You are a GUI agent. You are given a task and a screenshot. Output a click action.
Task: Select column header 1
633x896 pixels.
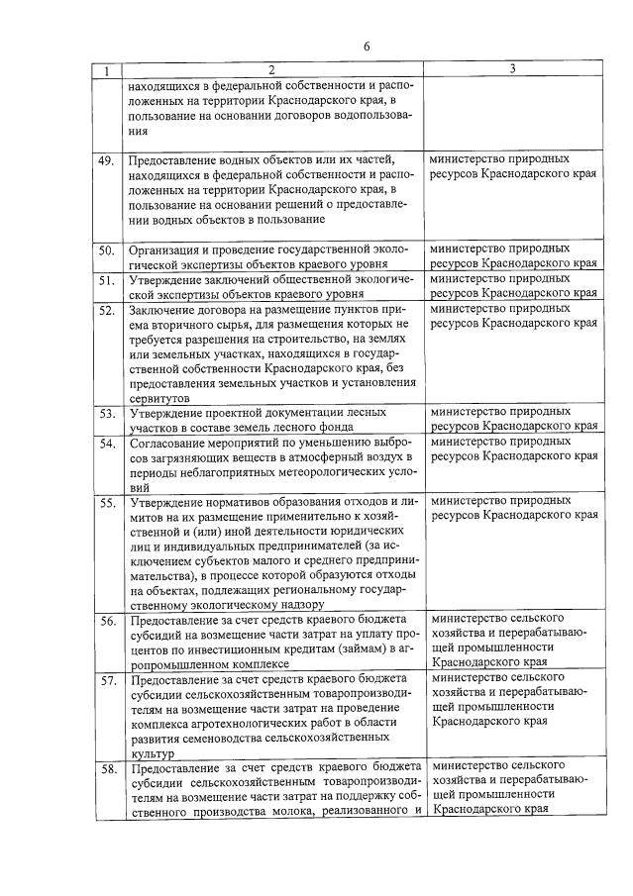pos(108,70)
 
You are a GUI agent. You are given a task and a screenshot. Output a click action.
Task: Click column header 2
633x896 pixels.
pos(271,69)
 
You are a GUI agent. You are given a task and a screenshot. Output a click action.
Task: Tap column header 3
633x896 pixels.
pos(511,69)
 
